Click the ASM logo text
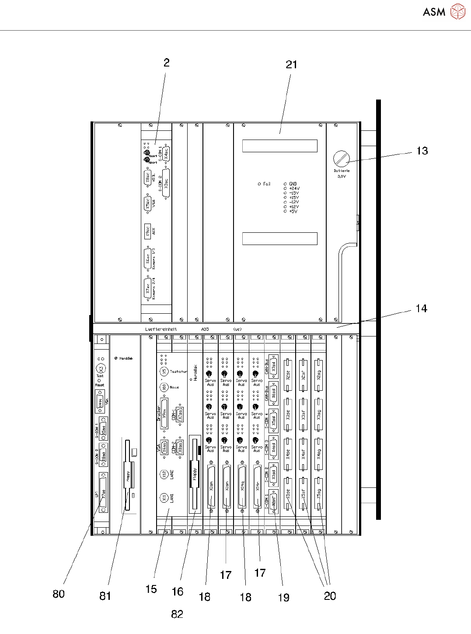pos(433,12)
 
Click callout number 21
pos(291,65)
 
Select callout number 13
pos(422,151)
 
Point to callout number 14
pos(421,309)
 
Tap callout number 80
pos(59,594)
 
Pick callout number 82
pos(177,614)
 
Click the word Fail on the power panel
pos(267,184)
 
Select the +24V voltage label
pos(294,189)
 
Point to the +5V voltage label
pos(293,211)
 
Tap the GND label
pos(293,184)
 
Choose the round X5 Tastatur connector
pos(164,371)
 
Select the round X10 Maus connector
pos(164,387)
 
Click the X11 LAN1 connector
pos(164,497)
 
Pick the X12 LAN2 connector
pos(164,474)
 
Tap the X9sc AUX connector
pos(148,231)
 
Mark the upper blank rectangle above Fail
pos(280,146)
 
